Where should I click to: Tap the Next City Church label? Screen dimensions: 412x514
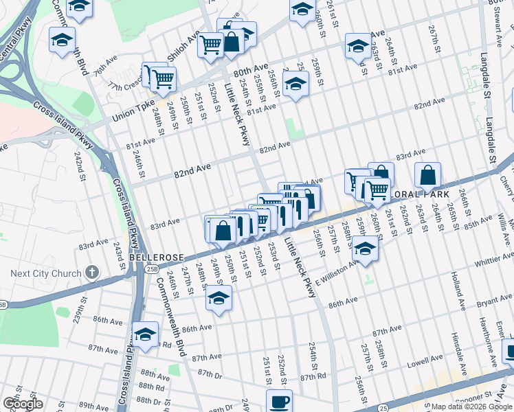tap(46, 274)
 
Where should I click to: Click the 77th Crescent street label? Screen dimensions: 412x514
tap(124, 87)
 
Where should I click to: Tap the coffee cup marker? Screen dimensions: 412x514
tap(279, 401)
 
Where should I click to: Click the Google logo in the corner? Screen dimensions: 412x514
tap(23, 404)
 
